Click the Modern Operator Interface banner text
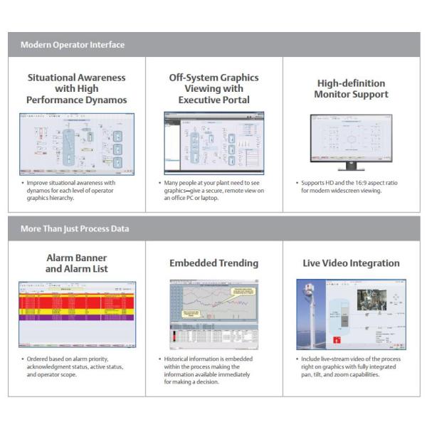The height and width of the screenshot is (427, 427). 73,45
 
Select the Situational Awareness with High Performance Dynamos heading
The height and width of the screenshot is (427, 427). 77,89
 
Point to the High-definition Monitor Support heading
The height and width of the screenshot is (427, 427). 352,89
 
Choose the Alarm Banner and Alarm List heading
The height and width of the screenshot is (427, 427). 77,263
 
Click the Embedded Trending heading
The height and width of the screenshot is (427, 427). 214,263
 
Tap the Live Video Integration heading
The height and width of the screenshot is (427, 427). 352,263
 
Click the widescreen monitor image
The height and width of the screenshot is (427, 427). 352,139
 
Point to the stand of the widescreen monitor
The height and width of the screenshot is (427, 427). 352,167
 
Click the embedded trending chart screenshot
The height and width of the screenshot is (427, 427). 214,313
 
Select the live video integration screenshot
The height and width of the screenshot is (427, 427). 352,313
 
